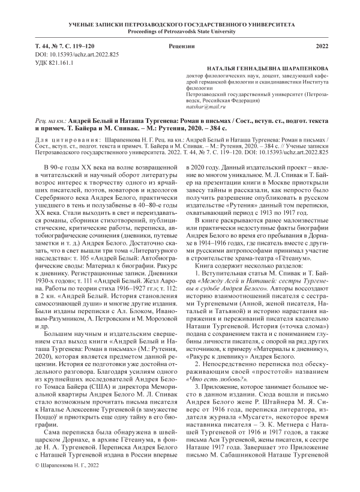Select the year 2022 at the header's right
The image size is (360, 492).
click(x=322, y=46)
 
